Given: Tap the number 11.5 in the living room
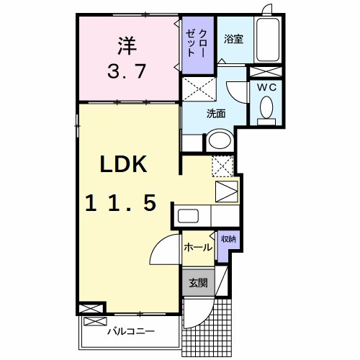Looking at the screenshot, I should (122, 204).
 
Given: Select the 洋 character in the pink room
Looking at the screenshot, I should (127, 45).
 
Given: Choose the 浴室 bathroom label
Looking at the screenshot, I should (233, 39).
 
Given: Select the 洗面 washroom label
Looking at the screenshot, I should (216, 113).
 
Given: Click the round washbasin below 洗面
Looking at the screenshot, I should (219, 141).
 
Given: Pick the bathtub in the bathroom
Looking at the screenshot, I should (268, 41).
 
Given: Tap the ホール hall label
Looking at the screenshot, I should (198, 248).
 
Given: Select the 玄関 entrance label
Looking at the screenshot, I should (198, 283).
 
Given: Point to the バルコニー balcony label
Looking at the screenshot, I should (130, 333).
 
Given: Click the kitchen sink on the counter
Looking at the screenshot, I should (189, 216).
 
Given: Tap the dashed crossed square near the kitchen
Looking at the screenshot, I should (223, 166).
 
